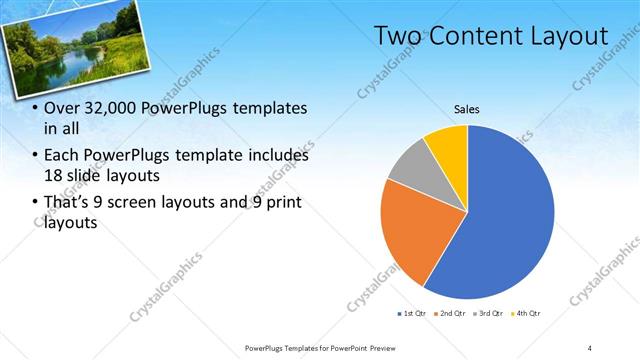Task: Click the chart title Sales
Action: click(x=467, y=108)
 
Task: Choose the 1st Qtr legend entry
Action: click(x=413, y=315)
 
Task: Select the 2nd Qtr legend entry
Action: click(x=451, y=315)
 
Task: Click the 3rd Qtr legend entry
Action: click(x=488, y=315)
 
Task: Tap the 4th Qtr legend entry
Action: click(x=525, y=315)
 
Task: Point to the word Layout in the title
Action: click(x=572, y=36)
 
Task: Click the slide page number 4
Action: click(x=590, y=347)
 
